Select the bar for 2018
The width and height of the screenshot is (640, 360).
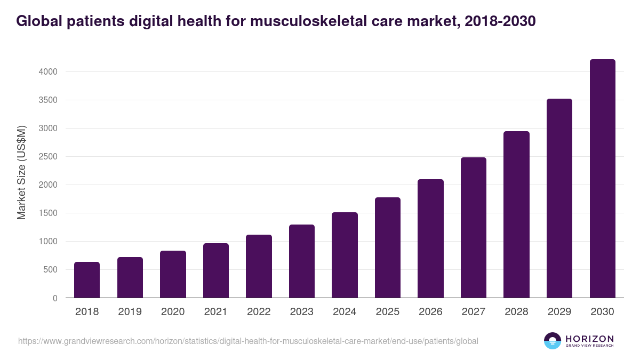(87, 280)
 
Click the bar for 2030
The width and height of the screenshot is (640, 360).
(602, 179)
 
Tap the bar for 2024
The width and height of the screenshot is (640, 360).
(345, 255)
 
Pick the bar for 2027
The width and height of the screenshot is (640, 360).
(474, 228)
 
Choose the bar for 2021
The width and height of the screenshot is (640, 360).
(216, 270)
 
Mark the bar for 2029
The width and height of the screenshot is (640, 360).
(559, 198)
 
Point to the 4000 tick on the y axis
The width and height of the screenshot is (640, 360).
(47, 72)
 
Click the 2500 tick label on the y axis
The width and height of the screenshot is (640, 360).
(47, 157)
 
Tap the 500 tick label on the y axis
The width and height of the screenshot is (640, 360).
(50, 270)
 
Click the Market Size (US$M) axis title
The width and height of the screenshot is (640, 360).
(21, 173)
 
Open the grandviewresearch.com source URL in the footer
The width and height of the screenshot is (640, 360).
(248, 341)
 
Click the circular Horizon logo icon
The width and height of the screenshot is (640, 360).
(553, 341)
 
